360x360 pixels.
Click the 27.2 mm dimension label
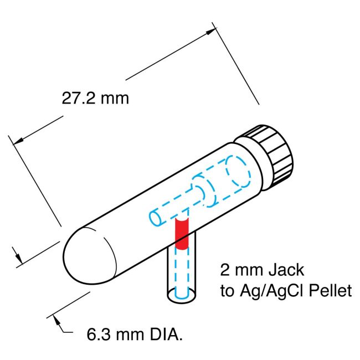click(x=95, y=99)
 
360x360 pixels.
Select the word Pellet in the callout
click(x=331, y=291)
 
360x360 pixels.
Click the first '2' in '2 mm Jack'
click(x=225, y=270)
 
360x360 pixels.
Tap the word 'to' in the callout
click(x=227, y=291)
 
